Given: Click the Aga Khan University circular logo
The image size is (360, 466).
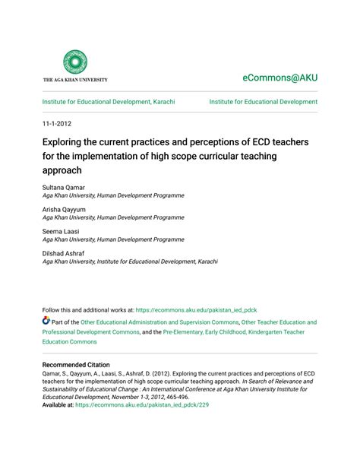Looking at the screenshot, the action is point(75,62).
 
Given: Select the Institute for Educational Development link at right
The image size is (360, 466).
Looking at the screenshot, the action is point(264,102).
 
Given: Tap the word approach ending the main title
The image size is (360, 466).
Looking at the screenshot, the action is point(62,170).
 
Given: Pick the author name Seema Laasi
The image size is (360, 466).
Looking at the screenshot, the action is point(62,230).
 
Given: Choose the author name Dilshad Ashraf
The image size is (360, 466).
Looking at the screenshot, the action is point(65,252).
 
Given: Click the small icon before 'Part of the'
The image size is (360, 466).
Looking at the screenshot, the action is point(46,322).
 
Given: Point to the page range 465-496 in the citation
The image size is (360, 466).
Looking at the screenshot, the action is point(177,395).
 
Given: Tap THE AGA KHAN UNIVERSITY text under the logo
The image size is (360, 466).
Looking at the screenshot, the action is point(75,79).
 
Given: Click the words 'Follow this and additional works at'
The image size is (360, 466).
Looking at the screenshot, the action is point(88,310).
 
